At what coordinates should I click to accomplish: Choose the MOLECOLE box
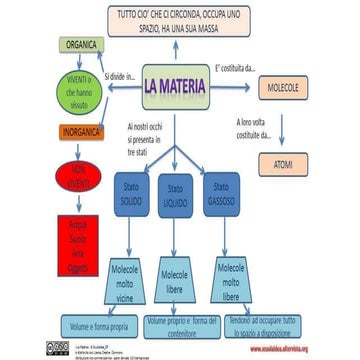pyautogui.click(x=282, y=88)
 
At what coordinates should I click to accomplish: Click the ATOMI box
pyautogui.click(x=282, y=160)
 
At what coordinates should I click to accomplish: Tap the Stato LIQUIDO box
pyautogui.click(x=175, y=196)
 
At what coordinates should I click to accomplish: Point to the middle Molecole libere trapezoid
pyautogui.click(x=175, y=282)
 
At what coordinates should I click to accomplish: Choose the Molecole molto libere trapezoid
pyautogui.click(x=230, y=282)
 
